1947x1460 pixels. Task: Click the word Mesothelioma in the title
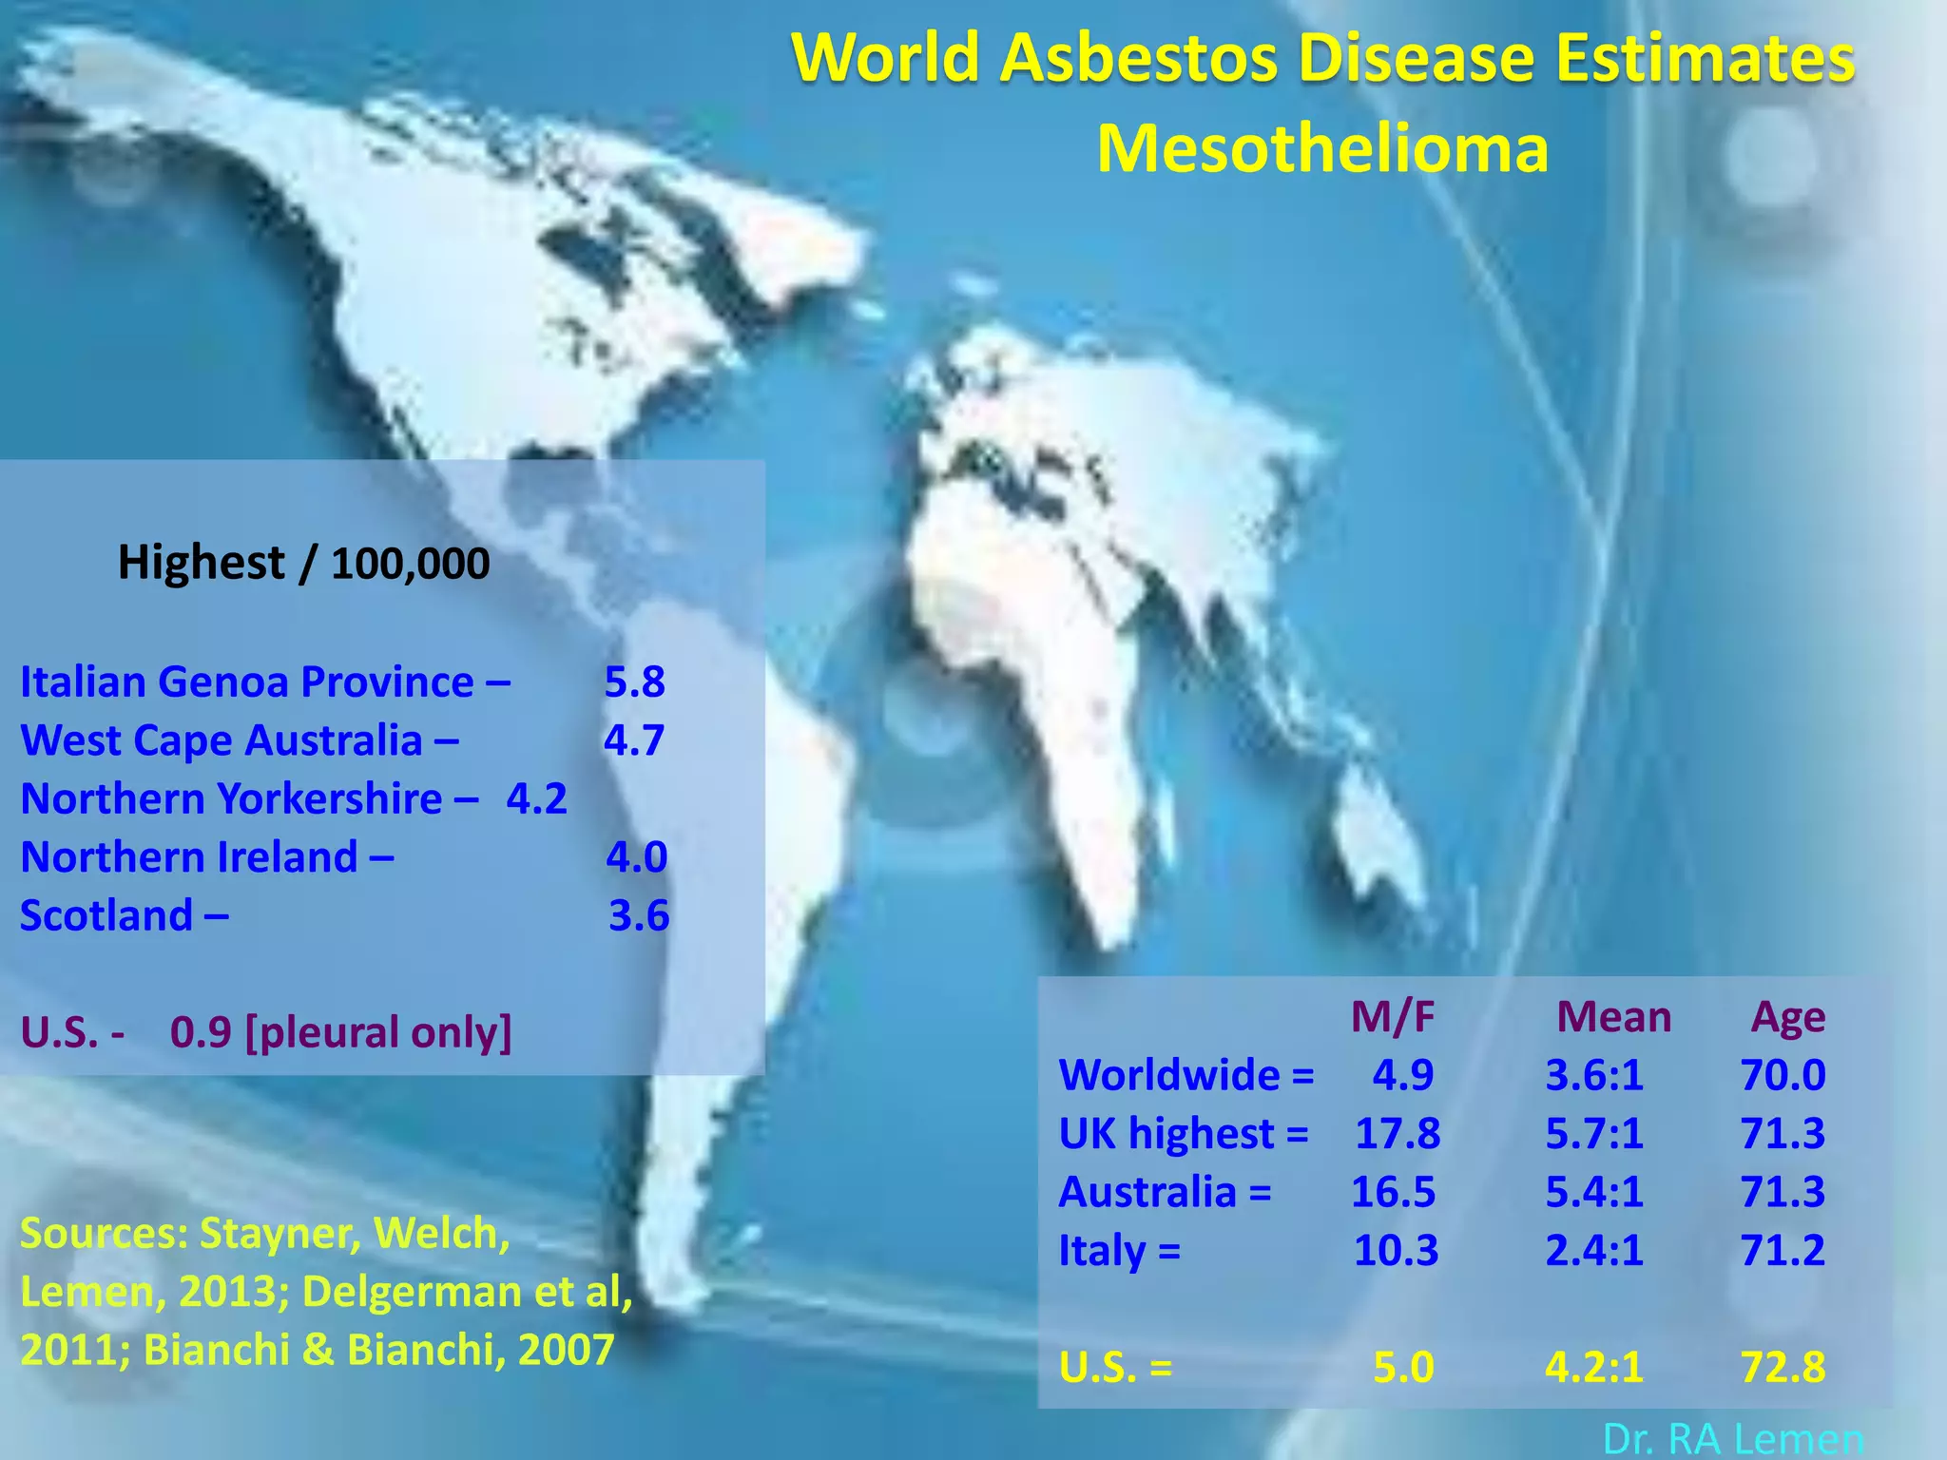pyautogui.click(x=1322, y=149)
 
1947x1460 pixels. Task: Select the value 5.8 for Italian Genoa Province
pyautogui.click(x=634, y=682)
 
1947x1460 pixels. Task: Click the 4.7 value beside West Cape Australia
pyautogui.click(x=633, y=740)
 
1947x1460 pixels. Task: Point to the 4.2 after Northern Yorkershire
pyautogui.click(x=536, y=799)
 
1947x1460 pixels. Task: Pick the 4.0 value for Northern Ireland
pyautogui.click(x=636, y=857)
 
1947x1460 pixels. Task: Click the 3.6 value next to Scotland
pyautogui.click(x=639, y=915)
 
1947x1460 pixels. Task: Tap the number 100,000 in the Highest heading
pyautogui.click(x=410, y=565)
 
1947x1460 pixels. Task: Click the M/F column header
pyautogui.click(x=1393, y=1017)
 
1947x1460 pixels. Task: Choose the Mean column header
pyautogui.click(x=1613, y=1017)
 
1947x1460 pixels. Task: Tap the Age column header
pyautogui.click(x=1787, y=1017)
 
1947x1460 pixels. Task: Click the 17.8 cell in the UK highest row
pyautogui.click(x=1397, y=1134)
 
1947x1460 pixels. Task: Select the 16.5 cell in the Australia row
pyautogui.click(x=1393, y=1192)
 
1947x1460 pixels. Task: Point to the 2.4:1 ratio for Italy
pyautogui.click(x=1593, y=1251)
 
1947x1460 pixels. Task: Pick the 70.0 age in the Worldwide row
pyautogui.click(x=1783, y=1076)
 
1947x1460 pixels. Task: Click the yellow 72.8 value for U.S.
pyautogui.click(x=1783, y=1368)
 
